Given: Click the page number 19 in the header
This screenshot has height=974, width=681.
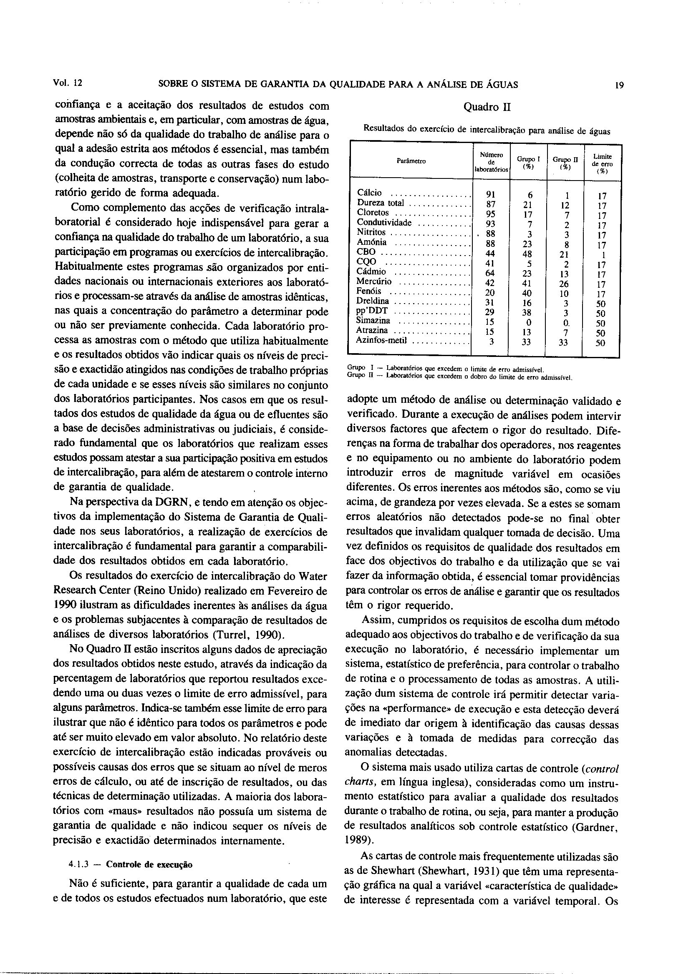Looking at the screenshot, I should tap(619, 85).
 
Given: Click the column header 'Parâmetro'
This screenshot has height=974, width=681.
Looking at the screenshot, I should tap(411, 161).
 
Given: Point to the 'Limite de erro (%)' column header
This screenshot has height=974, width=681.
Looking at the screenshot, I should tap(603, 164).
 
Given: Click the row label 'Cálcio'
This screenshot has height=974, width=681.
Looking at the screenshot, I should tap(369, 193).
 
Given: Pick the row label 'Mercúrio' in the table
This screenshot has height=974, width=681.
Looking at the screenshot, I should tap(374, 281).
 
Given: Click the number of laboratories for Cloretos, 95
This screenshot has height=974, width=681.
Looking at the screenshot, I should tap(490, 214).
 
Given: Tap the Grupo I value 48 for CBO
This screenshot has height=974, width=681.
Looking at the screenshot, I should tap(527, 254).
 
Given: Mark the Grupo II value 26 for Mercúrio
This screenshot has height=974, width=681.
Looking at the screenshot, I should tap(564, 284).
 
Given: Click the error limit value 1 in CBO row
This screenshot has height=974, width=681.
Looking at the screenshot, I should tap(603, 255).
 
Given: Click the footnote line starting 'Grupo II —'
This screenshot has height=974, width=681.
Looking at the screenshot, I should tap(460, 376).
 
